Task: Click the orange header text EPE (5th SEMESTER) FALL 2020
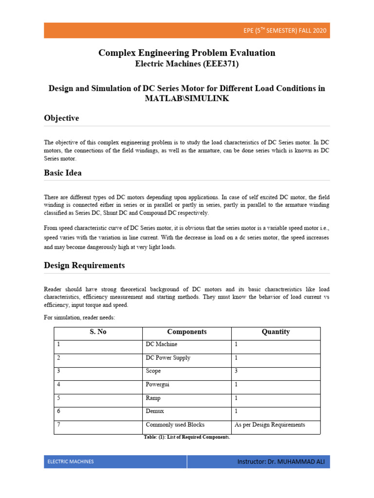click(x=285, y=31)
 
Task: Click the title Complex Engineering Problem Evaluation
click(x=187, y=53)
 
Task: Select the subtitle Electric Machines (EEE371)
click(x=187, y=63)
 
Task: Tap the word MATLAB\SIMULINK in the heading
click(x=187, y=98)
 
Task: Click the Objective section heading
click(x=61, y=118)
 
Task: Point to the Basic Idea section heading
click(x=63, y=173)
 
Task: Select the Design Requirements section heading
click(x=84, y=266)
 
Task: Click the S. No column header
click(x=98, y=332)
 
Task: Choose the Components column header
click(x=187, y=332)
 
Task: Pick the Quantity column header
click(x=276, y=332)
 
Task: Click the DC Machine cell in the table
click(x=161, y=344)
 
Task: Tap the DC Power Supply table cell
click(x=168, y=358)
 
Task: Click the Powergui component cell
click(x=158, y=385)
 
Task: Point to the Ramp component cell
click(x=153, y=398)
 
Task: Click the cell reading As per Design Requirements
click(x=270, y=425)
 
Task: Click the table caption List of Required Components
click(x=187, y=437)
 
